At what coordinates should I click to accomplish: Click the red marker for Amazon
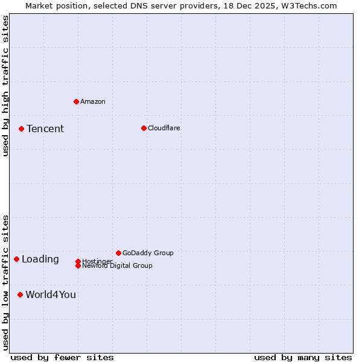coord(76,101)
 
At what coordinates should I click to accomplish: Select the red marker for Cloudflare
coord(144,128)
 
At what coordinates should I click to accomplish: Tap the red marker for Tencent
coord(21,129)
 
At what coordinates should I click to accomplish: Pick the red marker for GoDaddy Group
coord(118,253)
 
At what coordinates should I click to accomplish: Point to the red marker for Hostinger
coord(78,261)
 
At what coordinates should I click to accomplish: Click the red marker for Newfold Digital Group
coord(78,265)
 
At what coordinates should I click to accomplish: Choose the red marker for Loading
coord(16,259)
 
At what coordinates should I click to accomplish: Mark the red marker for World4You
coord(20,294)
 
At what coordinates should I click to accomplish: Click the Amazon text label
coord(93,101)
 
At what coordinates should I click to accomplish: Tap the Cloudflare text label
coord(164,128)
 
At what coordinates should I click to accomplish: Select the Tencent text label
coord(45,129)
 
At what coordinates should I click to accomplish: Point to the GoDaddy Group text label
coord(148,253)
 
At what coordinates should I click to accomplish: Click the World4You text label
coord(51,294)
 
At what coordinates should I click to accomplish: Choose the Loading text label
coord(40,259)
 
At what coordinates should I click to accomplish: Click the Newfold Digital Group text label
coord(118,266)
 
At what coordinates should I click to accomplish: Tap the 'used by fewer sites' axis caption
coord(62,357)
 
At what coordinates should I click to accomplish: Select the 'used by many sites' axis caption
coord(303,357)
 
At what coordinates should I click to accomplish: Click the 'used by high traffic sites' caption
coord(5,86)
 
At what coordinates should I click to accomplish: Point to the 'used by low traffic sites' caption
coord(5,282)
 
